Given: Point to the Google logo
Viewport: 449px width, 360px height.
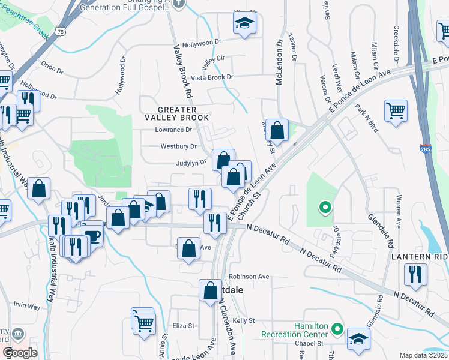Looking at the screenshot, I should point(19,353).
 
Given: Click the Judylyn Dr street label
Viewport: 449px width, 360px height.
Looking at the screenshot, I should point(191,161).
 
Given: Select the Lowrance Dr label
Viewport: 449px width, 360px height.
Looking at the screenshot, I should point(173,130).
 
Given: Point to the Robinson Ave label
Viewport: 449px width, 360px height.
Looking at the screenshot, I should point(249,277).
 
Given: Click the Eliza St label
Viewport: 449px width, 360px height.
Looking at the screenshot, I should point(184,326).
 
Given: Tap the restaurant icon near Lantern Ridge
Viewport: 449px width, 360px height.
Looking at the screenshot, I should point(415,274).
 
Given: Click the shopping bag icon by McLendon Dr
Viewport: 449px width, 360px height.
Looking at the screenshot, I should point(277,130).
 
